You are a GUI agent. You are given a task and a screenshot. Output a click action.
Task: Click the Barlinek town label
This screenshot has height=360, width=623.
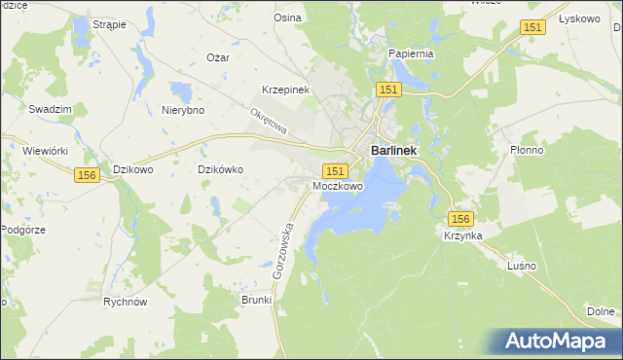[x=395, y=151]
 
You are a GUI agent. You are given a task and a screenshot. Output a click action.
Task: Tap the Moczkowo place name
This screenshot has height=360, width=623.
[x=338, y=185]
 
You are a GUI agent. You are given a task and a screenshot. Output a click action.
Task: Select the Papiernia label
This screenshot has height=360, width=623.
[x=410, y=54]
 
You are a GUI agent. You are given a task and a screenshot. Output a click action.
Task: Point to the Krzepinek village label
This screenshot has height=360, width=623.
[x=285, y=90]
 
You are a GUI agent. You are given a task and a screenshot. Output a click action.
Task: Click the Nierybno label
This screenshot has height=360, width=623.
[x=182, y=110]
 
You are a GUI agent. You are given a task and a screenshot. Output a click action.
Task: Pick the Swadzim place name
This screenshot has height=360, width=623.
[x=46, y=109]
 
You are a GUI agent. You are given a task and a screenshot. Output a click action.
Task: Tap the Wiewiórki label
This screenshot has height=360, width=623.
[x=44, y=151]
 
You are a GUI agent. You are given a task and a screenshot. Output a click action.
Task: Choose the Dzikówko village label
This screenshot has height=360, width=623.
[x=220, y=168]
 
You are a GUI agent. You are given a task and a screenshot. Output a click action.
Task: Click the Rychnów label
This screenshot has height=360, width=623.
[x=125, y=302]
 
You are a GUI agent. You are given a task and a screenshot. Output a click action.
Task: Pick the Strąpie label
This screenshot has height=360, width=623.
[x=108, y=23]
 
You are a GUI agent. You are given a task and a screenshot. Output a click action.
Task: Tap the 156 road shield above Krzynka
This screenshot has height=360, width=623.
[x=460, y=220]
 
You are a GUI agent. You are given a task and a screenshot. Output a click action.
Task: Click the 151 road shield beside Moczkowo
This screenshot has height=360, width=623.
[x=332, y=169]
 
